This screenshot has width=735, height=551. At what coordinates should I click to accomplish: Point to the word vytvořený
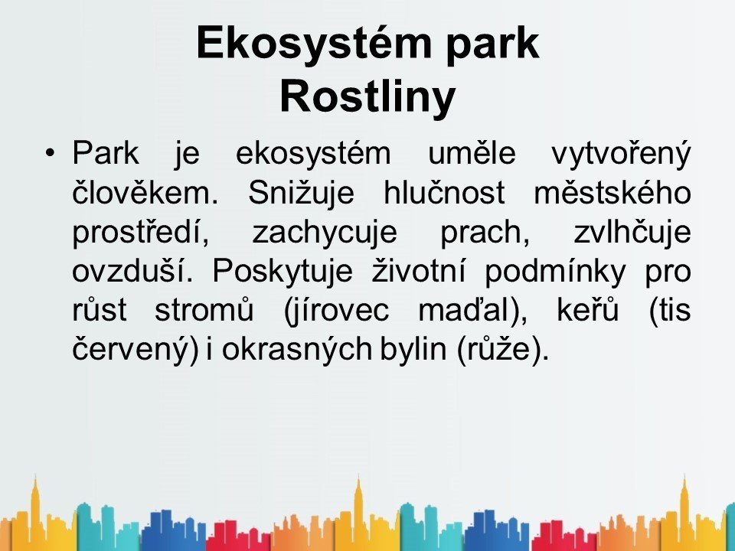pos(621,155)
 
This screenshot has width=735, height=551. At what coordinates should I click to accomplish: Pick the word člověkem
pos(145,192)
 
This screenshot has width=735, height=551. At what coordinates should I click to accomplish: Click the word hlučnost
pos(444,192)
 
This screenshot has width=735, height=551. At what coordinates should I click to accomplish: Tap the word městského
pos(612,192)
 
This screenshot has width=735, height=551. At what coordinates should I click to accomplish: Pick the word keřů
pos(588,310)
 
